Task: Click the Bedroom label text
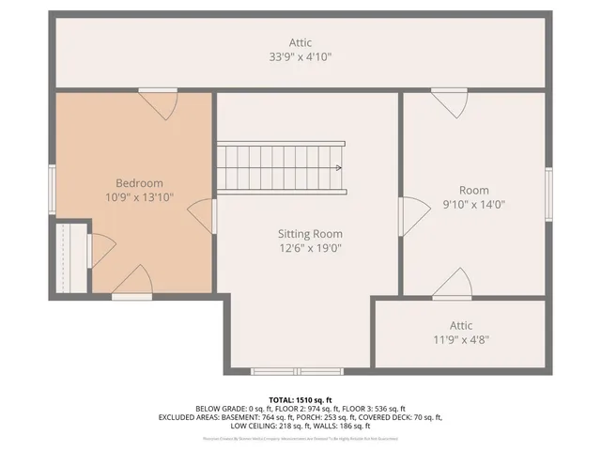pyautogui.click(x=139, y=182)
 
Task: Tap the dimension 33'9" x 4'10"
pyautogui.click(x=300, y=57)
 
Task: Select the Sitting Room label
pyautogui.click(x=310, y=233)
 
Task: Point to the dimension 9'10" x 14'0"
pyautogui.click(x=474, y=204)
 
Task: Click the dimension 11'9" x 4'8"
pyautogui.click(x=460, y=339)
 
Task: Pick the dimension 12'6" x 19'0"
pyautogui.click(x=310, y=249)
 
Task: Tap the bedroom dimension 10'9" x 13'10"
pyautogui.click(x=139, y=198)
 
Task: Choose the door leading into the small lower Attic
pyautogui.click(x=455, y=283)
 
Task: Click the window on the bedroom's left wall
pyautogui.click(x=54, y=179)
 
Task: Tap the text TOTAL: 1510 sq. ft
pyautogui.click(x=300, y=398)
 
